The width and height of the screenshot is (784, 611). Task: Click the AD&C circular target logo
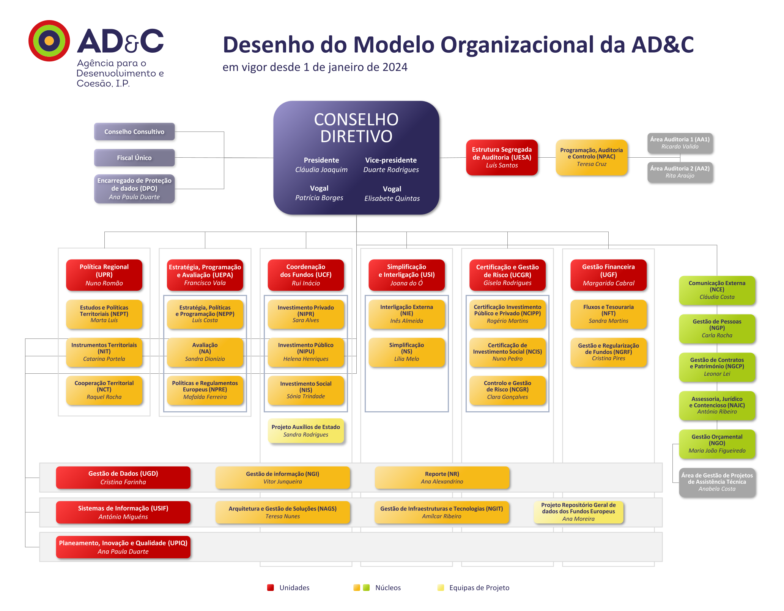[x=49, y=41]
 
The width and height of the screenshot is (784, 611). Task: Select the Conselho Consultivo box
[x=134, y=132]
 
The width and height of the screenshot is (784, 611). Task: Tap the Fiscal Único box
[x=134, y=158]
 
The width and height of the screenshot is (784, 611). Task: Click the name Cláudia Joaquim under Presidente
[x=321, y=170]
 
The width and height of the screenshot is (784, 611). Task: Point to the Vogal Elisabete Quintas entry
[x=392, y=194]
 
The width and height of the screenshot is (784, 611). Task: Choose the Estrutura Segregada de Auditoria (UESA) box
[x=502, y=157]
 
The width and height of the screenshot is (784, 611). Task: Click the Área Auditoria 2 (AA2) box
[x=680, y=172]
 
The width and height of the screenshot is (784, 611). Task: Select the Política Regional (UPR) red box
[x=104, y=275]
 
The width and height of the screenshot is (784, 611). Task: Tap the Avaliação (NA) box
[x=205, y=352]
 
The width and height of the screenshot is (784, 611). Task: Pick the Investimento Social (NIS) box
[x=306, y=390]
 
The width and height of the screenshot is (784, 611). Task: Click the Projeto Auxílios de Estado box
[x=306, y=431]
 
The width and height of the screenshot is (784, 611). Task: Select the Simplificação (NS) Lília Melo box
[x=406, y=352]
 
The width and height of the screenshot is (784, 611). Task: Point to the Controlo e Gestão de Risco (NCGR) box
[x=507, y=390]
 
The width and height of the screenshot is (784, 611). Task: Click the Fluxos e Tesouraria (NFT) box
[x=608, y=314]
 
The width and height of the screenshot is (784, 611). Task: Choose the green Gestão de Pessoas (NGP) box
[x=717, y=329]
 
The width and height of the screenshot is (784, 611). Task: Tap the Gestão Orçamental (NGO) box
[x=717, y=444]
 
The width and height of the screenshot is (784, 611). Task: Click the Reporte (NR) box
[x=442, y=478]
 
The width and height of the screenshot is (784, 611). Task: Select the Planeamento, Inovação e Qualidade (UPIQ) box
[x=123, y=547]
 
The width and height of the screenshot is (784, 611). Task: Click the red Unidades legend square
[x=271, y=587]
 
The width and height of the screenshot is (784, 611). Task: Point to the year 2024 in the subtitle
[x=395, y=67]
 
